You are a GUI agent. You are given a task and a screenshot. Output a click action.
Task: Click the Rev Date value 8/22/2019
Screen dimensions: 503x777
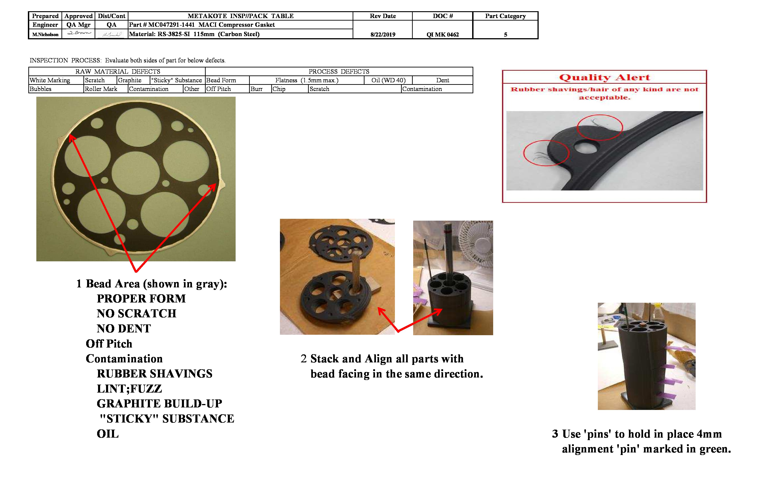383,34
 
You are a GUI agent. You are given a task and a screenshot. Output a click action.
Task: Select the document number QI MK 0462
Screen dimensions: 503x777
442,34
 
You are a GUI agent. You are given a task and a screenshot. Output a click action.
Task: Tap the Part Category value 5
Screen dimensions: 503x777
505,34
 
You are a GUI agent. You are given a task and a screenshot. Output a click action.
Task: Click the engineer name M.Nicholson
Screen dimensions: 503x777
45,34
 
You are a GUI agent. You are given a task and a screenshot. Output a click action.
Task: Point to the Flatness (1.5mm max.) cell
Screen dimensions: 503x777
306,80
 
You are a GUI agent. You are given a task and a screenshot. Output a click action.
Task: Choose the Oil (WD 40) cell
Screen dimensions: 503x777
388,80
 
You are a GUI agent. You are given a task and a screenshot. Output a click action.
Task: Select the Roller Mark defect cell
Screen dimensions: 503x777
101,89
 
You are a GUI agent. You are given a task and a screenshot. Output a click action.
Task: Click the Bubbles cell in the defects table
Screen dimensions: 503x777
40,89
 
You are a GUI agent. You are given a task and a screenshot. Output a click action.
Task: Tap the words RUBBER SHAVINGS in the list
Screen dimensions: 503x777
154,373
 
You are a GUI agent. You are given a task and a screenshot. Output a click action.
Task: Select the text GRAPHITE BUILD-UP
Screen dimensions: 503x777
159,403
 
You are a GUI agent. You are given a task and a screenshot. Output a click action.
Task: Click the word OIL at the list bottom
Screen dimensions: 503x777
108,434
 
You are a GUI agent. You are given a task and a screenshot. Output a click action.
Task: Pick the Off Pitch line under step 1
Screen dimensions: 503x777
109,344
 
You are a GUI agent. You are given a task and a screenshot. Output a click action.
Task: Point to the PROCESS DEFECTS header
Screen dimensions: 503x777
339,71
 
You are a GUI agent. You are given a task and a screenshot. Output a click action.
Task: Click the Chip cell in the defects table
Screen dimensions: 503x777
279,89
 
